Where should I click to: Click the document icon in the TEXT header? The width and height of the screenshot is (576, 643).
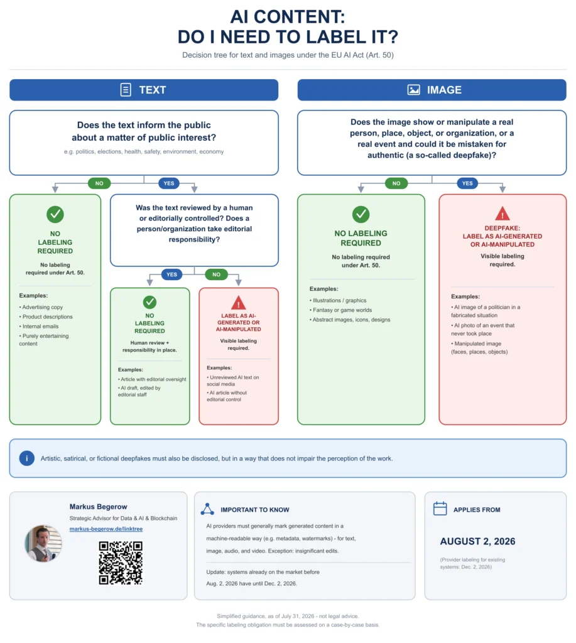click(x=126, y=90)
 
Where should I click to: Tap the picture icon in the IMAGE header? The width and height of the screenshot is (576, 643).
click(x=413, y=90)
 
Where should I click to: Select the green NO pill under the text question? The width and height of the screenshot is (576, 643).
click(x=99, y=183)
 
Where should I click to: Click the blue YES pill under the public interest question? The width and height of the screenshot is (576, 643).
click(x=169, y=183)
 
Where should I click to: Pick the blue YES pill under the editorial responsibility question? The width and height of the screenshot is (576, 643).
click(x=172, y=274)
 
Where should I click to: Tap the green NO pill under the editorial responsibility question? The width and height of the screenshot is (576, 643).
click(x=217, y=274)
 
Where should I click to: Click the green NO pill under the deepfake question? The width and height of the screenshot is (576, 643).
click(x=396, y=183)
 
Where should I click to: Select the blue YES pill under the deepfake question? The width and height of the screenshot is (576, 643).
click(x=468, y=183)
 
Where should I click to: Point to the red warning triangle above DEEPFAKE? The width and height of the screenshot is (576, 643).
click(x=503, y=213)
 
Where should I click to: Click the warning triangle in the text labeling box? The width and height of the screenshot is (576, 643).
click(x=238, y=303)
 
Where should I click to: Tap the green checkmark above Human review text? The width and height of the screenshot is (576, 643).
click(x=149, y=302)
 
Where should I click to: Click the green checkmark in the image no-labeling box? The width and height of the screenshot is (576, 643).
click(x=361, y=214)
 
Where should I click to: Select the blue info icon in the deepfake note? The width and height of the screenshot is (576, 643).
click(x=27, y=458)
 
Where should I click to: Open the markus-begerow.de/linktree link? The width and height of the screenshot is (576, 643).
click(x=106, y=529)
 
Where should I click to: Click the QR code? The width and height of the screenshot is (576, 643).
click(x=121, y=563)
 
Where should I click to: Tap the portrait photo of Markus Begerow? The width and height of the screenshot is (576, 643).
click(x=43, y=543)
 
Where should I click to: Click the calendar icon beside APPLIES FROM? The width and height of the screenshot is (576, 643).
click(x=440, y=509)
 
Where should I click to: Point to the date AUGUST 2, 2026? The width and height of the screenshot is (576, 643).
click(x=477, y=541)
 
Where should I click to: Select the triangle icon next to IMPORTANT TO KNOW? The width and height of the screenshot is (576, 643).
click(x=207, y=509)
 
